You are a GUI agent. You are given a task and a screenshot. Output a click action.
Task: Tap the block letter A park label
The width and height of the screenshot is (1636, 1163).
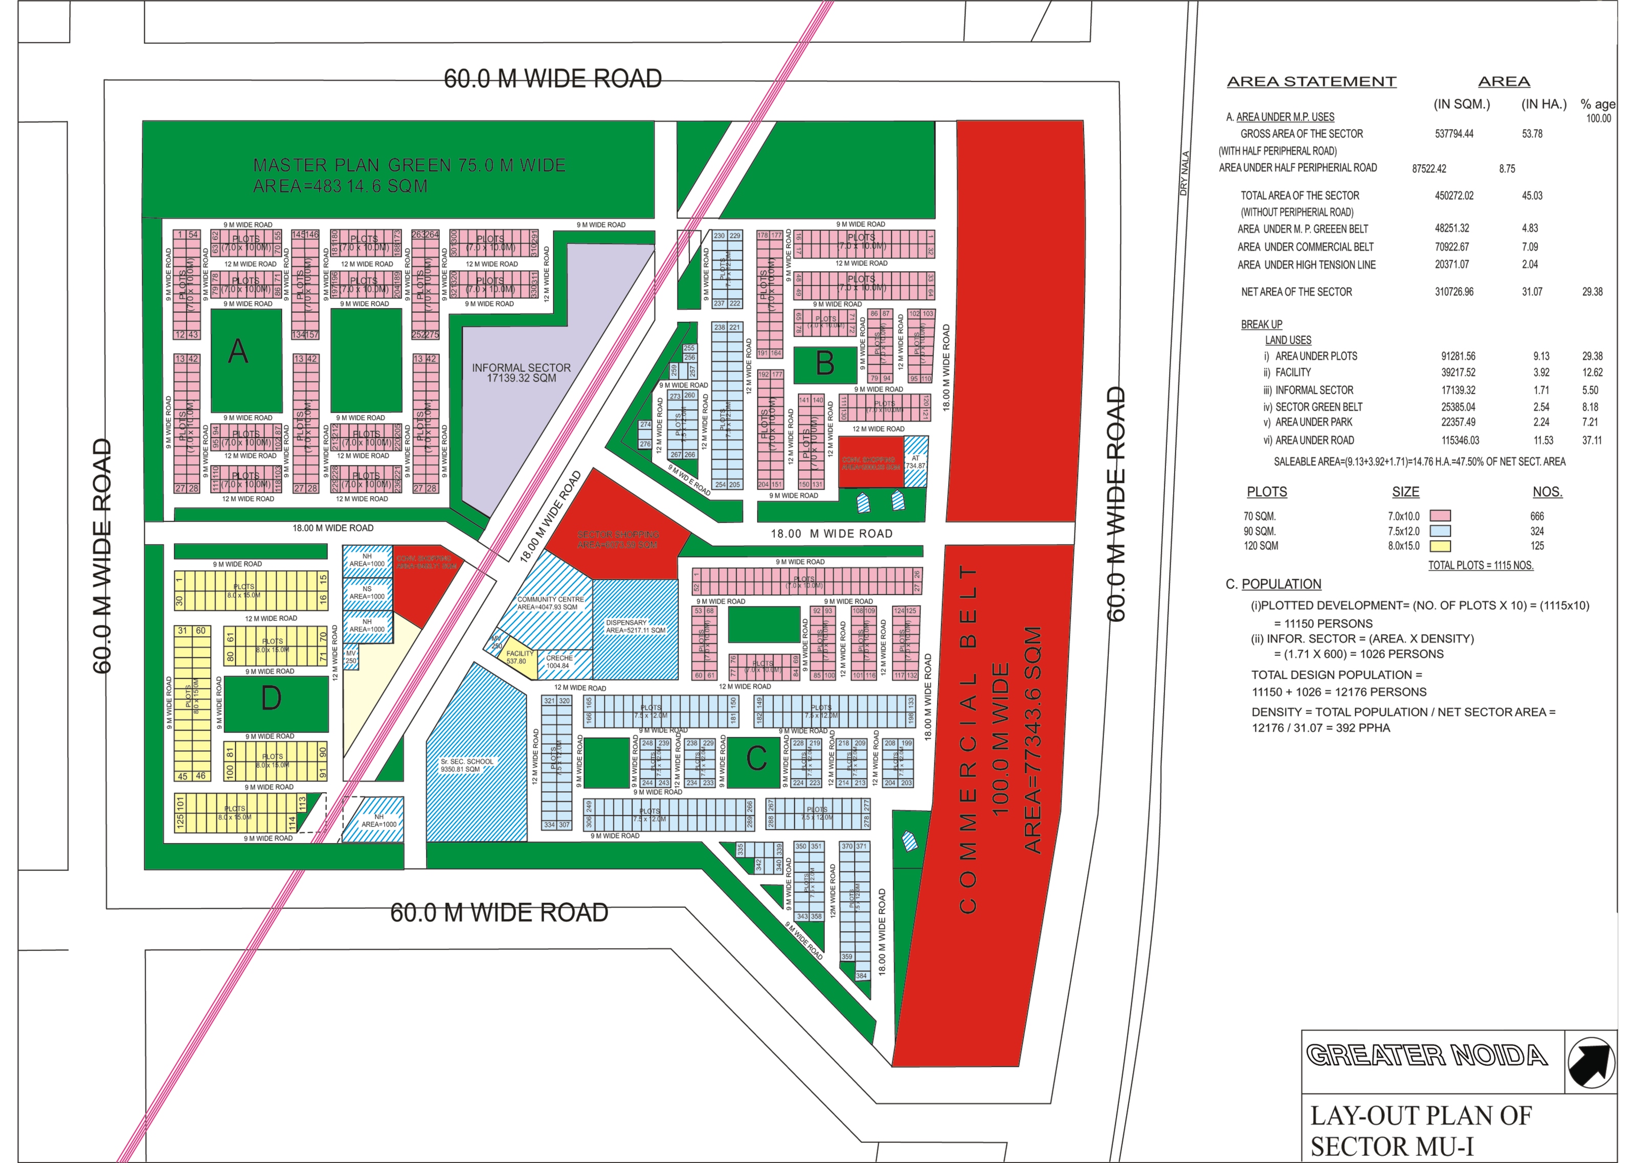click(238, 352)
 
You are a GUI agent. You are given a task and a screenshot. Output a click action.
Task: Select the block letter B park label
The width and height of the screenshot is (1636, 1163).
click(825, 364)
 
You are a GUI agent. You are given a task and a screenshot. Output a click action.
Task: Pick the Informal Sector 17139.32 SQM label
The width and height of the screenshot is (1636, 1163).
click(521, 372)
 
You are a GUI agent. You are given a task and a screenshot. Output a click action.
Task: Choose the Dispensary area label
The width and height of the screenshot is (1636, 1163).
click(635, 627)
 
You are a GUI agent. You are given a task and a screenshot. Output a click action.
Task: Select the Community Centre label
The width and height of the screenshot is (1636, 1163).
click(550, 603)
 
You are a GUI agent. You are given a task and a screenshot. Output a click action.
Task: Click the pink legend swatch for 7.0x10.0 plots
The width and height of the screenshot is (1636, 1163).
click(1440, 516)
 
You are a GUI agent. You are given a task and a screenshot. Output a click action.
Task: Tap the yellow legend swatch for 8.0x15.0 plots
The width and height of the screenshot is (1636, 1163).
click(1440, 546)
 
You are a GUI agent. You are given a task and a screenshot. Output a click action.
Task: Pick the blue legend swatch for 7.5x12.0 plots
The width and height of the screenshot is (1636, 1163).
click(1440, 531)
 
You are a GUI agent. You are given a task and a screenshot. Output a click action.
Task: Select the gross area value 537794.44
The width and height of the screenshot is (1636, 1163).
click(1453, 134)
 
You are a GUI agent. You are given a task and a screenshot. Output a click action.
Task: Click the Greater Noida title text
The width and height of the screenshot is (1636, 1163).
click(1426, 1056)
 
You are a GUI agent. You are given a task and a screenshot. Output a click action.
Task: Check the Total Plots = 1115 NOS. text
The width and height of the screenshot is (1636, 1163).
click(1481, 565)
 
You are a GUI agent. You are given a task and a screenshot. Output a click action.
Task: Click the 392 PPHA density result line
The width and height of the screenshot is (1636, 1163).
click(1320, 728)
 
